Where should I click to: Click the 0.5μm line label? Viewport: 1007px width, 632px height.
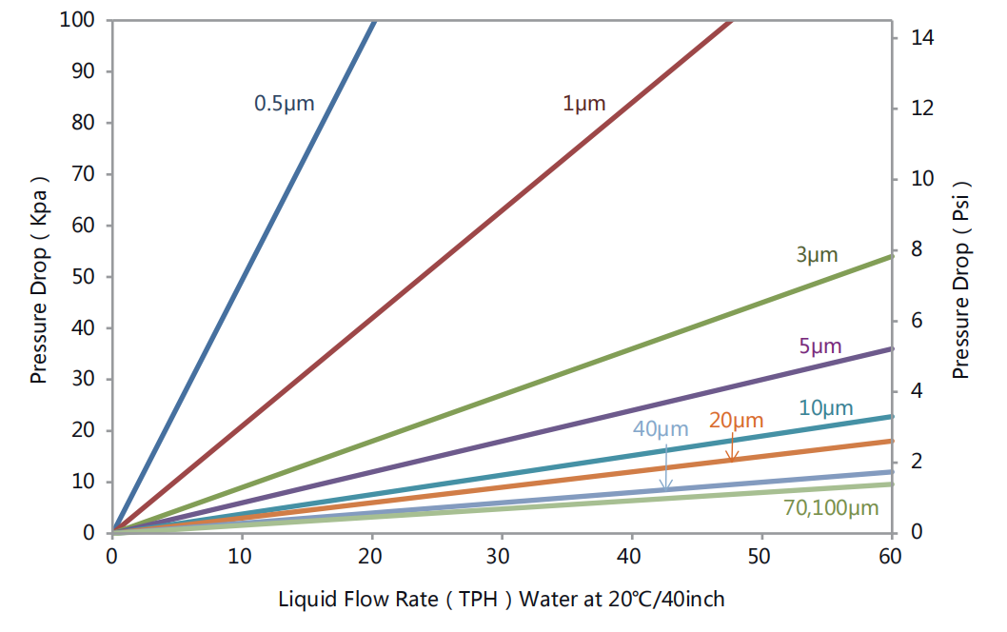pyautogui.click(x=284, y=103)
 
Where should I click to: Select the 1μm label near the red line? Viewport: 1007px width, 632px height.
pyautogui.click(x=583, y=104)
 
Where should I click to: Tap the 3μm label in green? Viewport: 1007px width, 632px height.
pyautogui.click(x=817, y=254)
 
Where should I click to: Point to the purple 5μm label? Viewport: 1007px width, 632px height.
pyautogui.click(x=820, y=346)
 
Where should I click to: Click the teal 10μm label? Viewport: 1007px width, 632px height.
pyautogui.click(x=825, y=408)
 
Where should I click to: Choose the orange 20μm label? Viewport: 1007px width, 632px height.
pyautogui.click(x=737, y=420)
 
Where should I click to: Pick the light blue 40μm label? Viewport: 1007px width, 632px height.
pyautogui.click(x=660, y=428)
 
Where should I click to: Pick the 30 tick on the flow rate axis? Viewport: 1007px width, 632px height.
pyautogui.click(x=502, y=554)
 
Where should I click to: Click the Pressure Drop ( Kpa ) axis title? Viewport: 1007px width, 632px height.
pyautogui.click(x=39, y=280)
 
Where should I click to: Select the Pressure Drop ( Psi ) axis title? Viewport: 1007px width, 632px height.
pyautogui.click(x=961, y=280)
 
